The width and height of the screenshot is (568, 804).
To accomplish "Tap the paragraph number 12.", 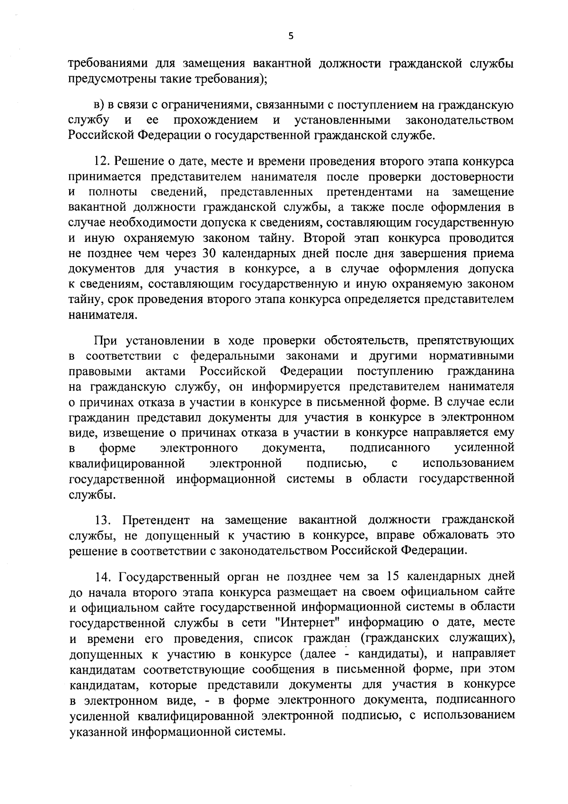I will [103, 161].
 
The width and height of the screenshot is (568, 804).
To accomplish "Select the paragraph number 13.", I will [103, 520].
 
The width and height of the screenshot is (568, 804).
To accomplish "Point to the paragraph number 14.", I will [103, 576].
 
